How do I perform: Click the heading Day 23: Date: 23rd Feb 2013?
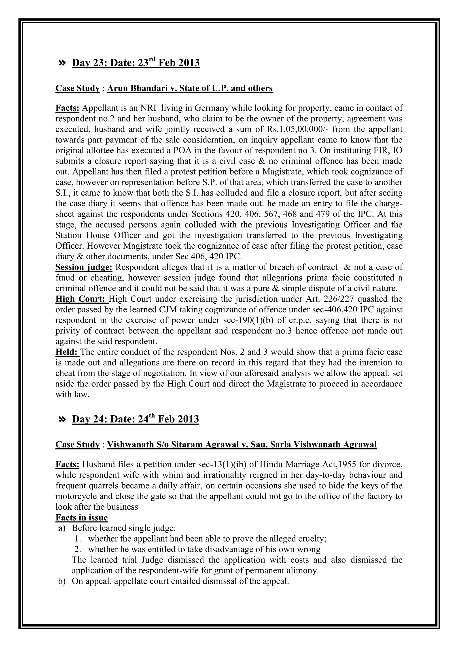136,63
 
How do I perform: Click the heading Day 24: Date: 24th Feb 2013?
135,419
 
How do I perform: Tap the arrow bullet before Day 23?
62,63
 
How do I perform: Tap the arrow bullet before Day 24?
62,420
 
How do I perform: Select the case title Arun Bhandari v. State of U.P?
190,88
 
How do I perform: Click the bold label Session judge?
84,267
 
